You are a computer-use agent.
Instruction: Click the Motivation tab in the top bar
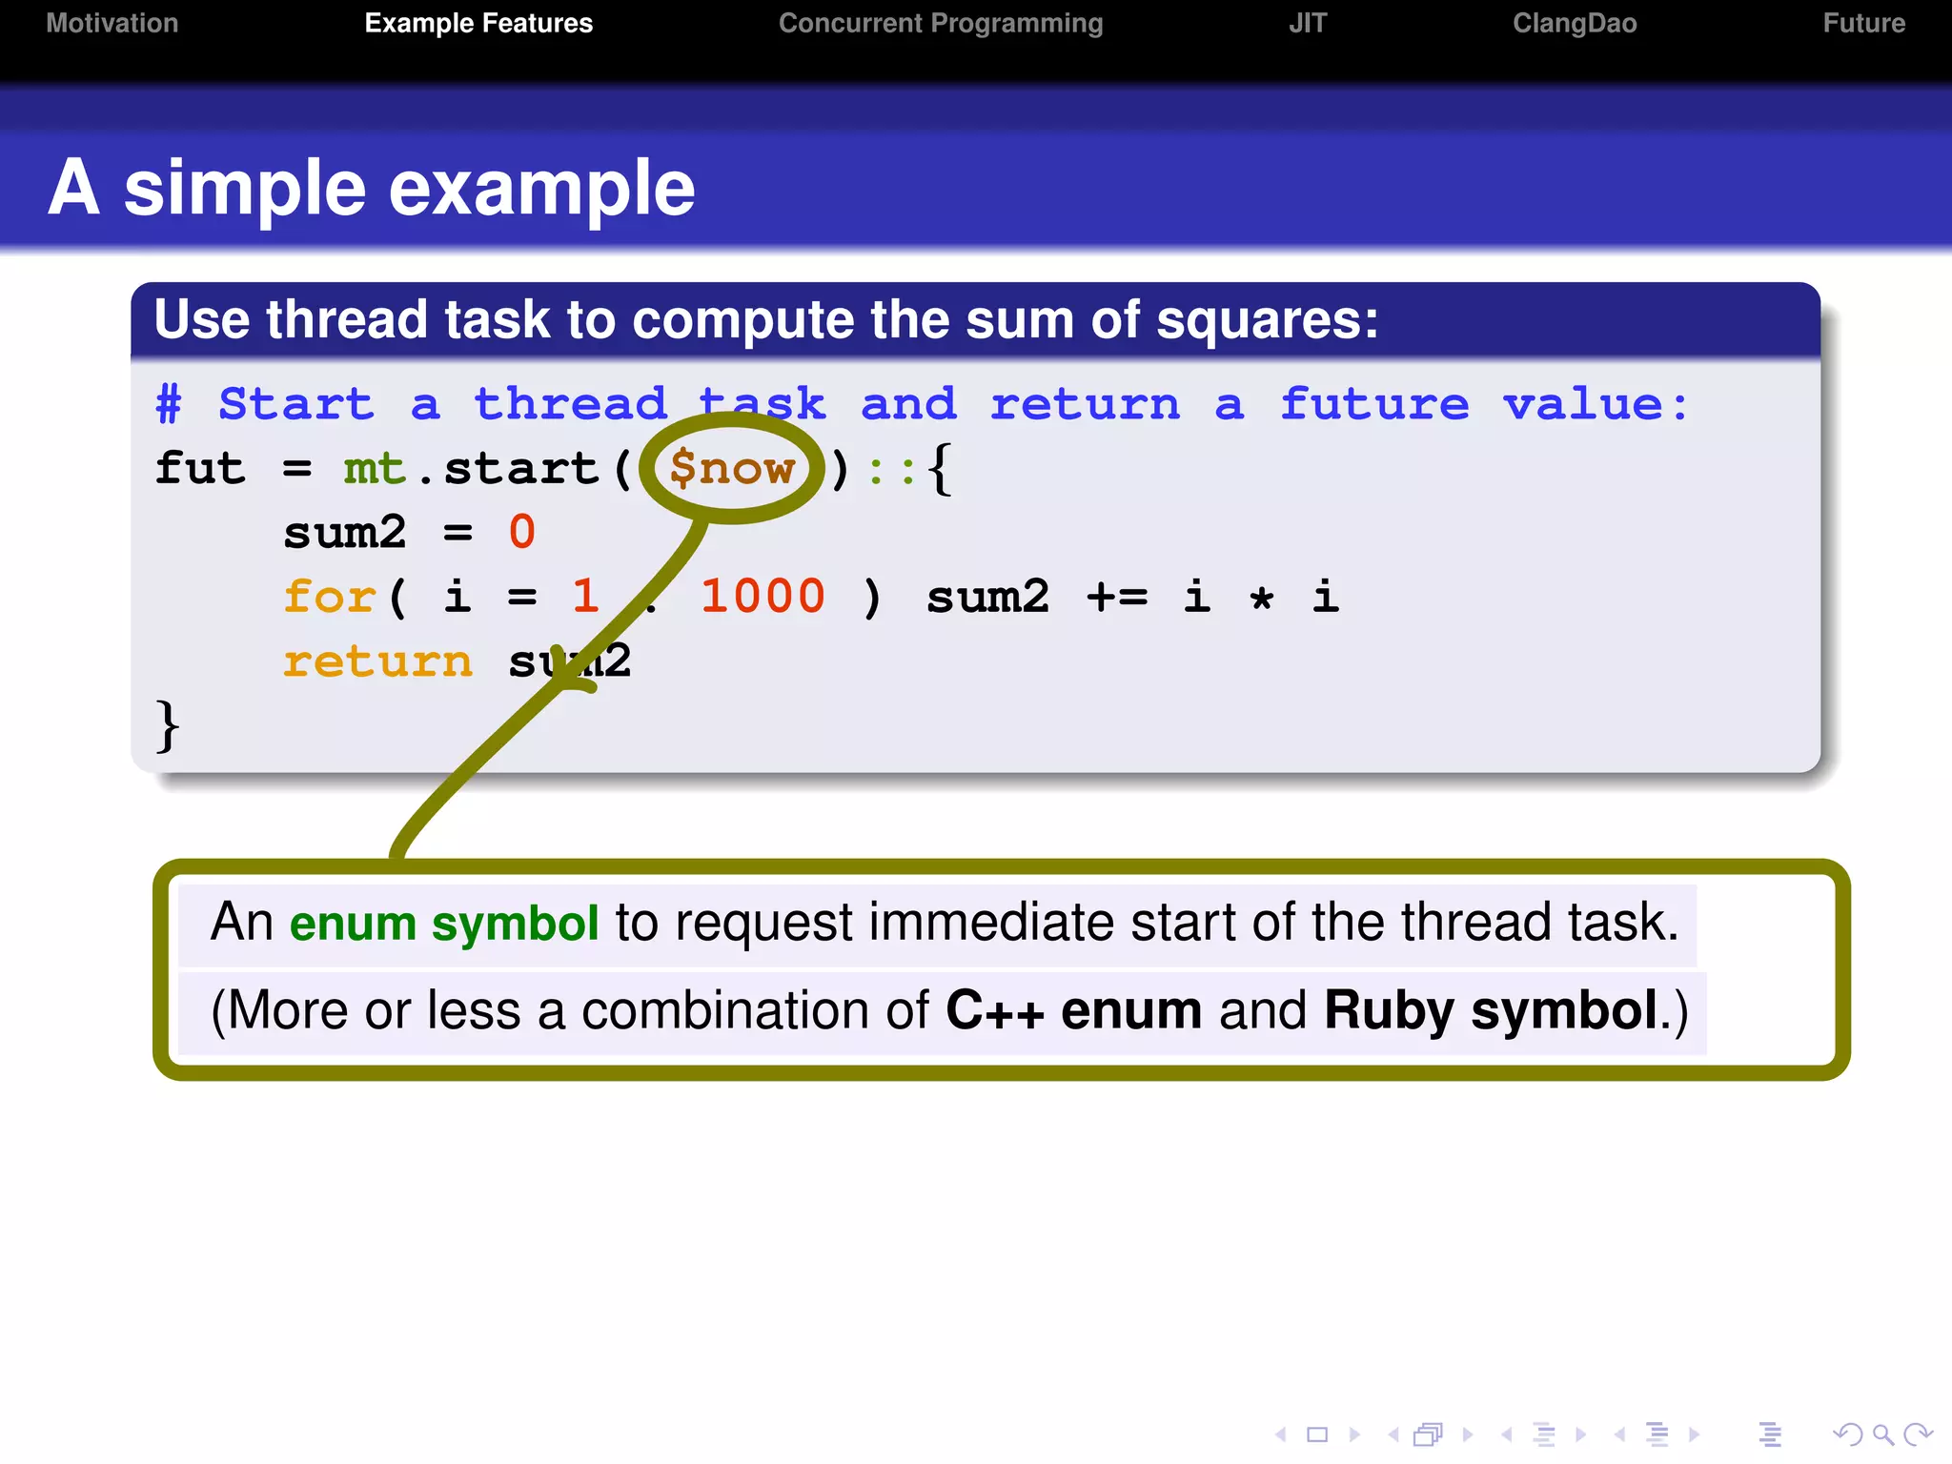(112, 23)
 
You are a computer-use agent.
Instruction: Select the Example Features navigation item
(478, 23)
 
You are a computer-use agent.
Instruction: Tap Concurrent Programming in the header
(940, 23)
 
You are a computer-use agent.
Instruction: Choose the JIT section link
(1307, 23)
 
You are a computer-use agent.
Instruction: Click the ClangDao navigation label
(1574, 23)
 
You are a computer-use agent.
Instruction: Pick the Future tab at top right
(1863, 23)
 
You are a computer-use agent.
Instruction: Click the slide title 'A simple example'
(372, 188)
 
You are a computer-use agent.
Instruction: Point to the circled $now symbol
(731, 468)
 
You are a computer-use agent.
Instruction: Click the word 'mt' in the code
(375, 468)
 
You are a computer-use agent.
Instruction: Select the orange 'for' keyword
(329, 597)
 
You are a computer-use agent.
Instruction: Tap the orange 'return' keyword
(377, 661)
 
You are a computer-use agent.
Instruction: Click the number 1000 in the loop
(762, 597)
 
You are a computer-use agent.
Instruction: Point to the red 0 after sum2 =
(521, 532)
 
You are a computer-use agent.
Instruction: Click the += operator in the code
(1117, 597)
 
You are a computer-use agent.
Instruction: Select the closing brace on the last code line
(167, 726)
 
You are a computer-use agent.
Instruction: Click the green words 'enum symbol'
(444, 923)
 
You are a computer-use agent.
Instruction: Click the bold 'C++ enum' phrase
(1073, 1010)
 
